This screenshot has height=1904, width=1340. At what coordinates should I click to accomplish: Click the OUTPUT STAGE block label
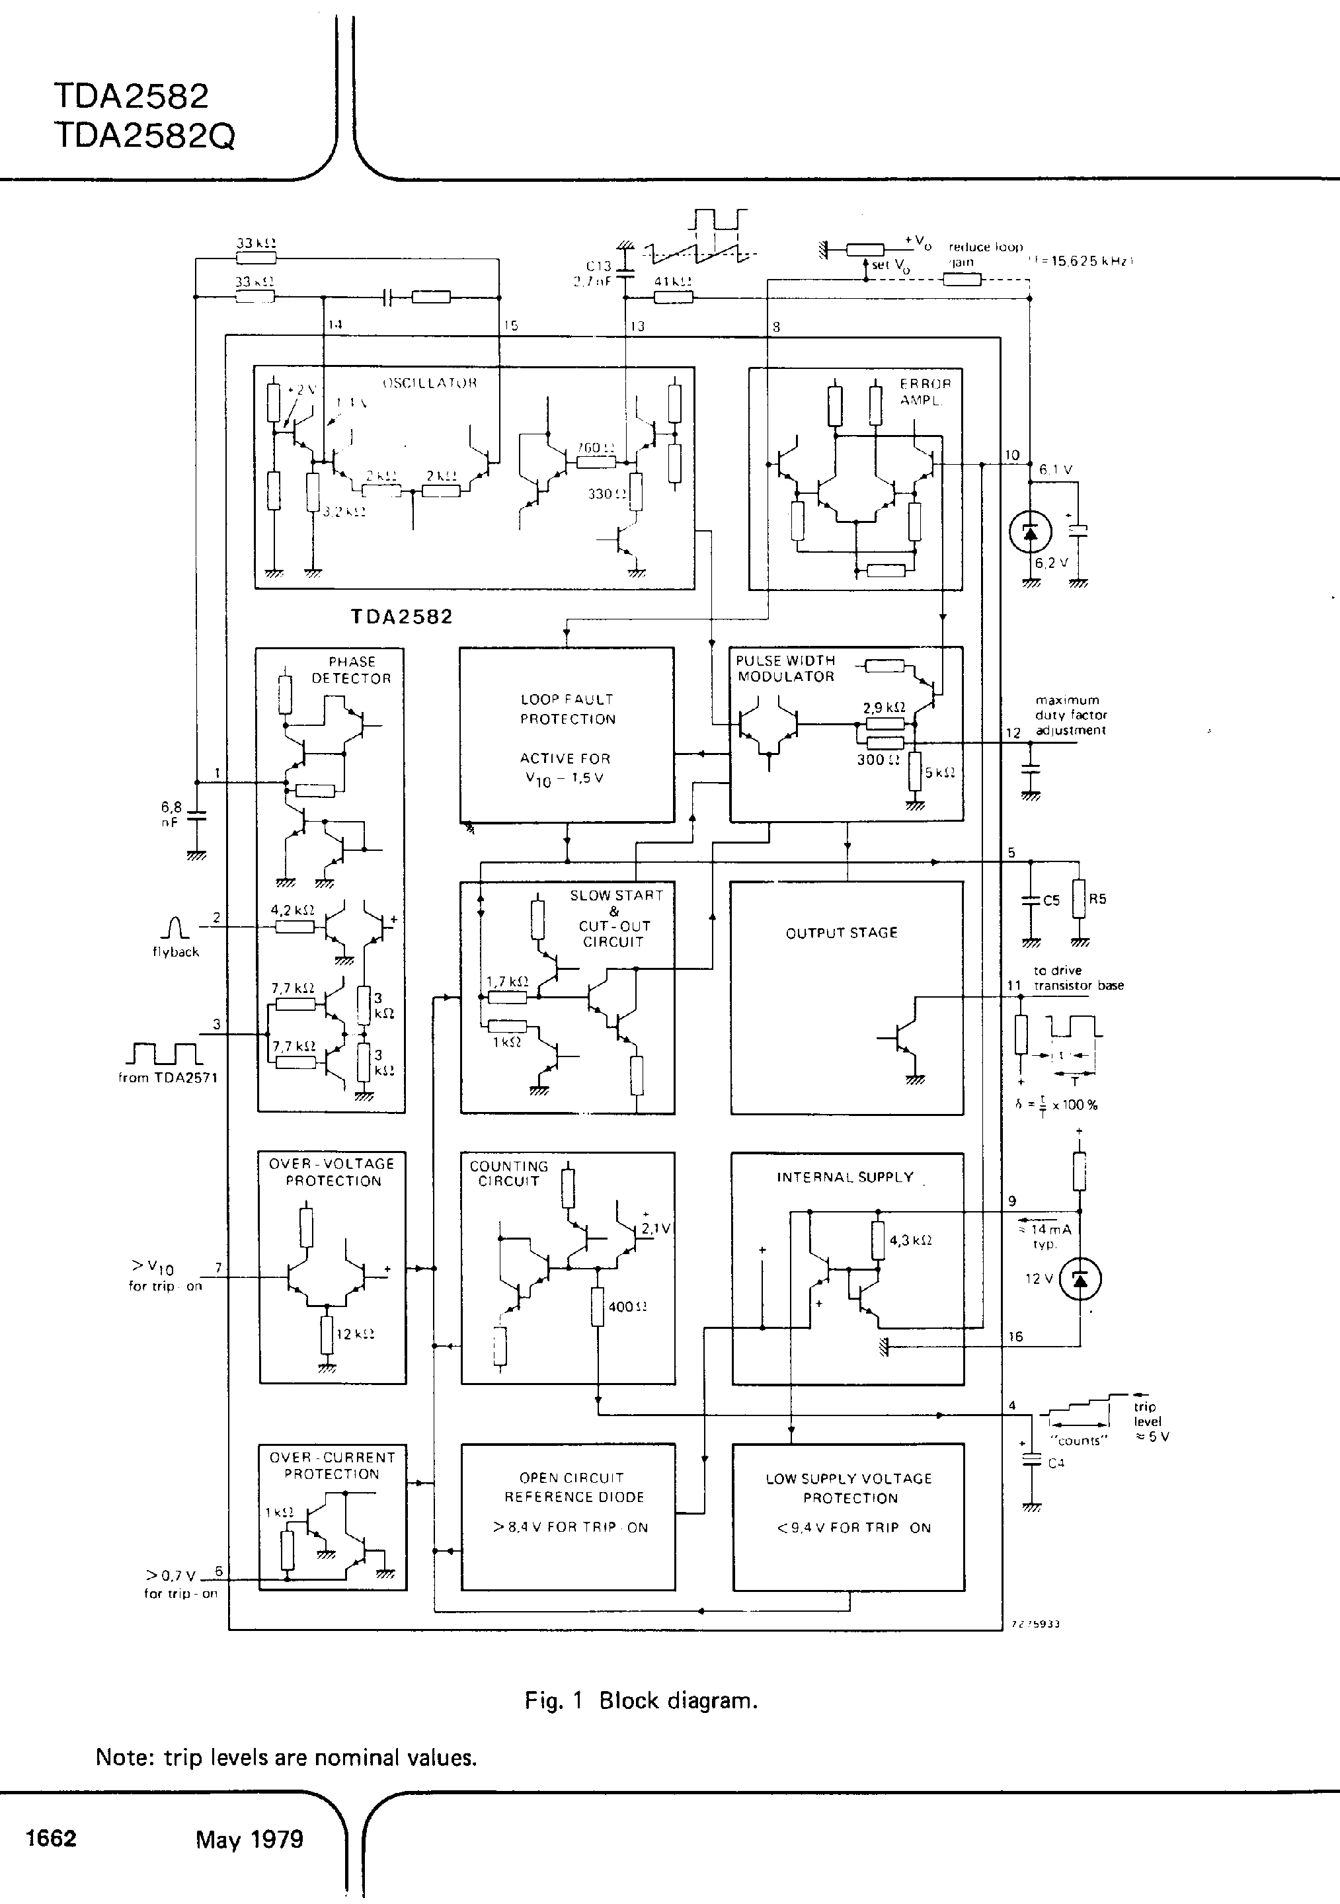[x=841, y=932]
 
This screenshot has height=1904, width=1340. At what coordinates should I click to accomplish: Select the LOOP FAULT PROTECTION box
[x=567, y=734]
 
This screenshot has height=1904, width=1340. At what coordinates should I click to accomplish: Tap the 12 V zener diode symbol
[x=1080, y=1279]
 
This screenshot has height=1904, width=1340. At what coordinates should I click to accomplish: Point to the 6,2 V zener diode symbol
[x=1030, y=532]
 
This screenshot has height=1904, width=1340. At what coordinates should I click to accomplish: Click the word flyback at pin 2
[x=175, y=952]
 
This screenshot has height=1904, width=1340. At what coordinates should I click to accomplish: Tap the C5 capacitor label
[x=1051, y=900]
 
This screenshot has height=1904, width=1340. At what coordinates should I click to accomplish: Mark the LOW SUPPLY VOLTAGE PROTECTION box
[x=848, y=1517]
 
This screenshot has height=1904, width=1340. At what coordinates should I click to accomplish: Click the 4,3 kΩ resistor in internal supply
[x=878, y=1242]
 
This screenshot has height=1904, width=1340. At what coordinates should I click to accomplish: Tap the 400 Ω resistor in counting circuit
[x=597, y=1306]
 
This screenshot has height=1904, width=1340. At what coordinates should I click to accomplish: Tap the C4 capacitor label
[x=1055, y=1464]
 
